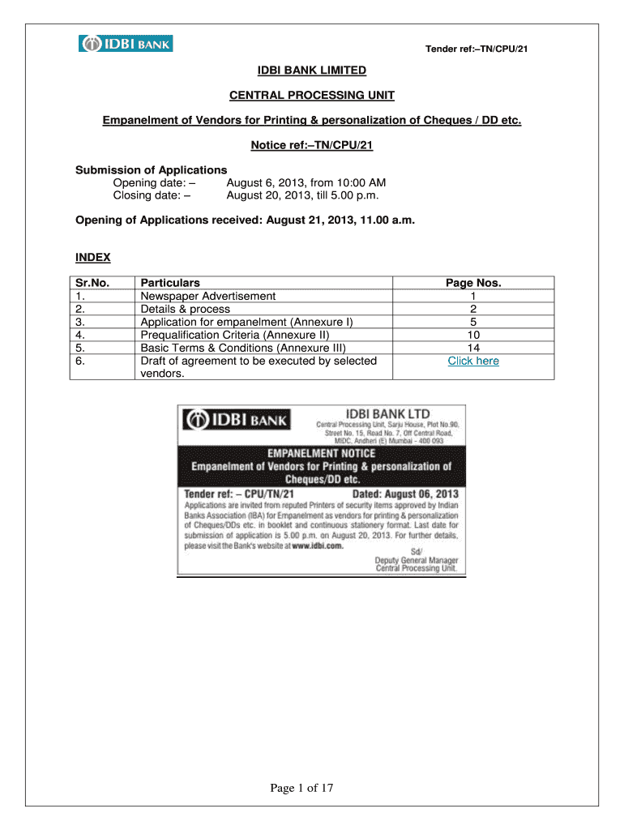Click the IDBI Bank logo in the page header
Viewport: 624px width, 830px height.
coord(126,43)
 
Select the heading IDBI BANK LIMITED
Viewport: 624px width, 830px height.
coord(312,71)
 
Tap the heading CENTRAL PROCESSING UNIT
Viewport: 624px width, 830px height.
coord(312,96)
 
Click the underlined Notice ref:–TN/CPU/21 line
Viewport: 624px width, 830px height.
coord(312,145)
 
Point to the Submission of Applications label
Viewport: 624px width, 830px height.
coord(152,170)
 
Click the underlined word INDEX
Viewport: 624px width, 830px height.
coord(92,258)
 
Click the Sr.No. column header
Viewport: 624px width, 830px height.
coord(92,283)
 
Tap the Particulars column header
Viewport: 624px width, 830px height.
coord(170,283)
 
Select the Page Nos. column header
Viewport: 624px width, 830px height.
coord(473,283)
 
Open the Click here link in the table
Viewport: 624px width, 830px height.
coord(473,361)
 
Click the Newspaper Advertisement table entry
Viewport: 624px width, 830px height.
coord(208,296)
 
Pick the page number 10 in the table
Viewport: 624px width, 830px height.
coord(473,335)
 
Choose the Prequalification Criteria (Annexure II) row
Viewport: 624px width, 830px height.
coord(235,335)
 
